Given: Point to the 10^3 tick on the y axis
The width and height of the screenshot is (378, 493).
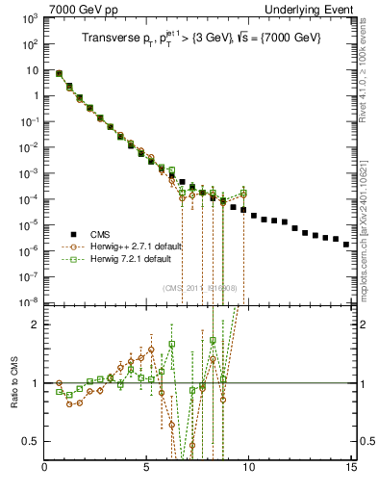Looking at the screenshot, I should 30,18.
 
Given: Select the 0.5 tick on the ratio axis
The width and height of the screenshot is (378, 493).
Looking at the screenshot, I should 32,441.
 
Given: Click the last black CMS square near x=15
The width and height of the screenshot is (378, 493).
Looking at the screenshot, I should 346,245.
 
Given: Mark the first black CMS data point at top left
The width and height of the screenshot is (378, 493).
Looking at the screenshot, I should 59,73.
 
